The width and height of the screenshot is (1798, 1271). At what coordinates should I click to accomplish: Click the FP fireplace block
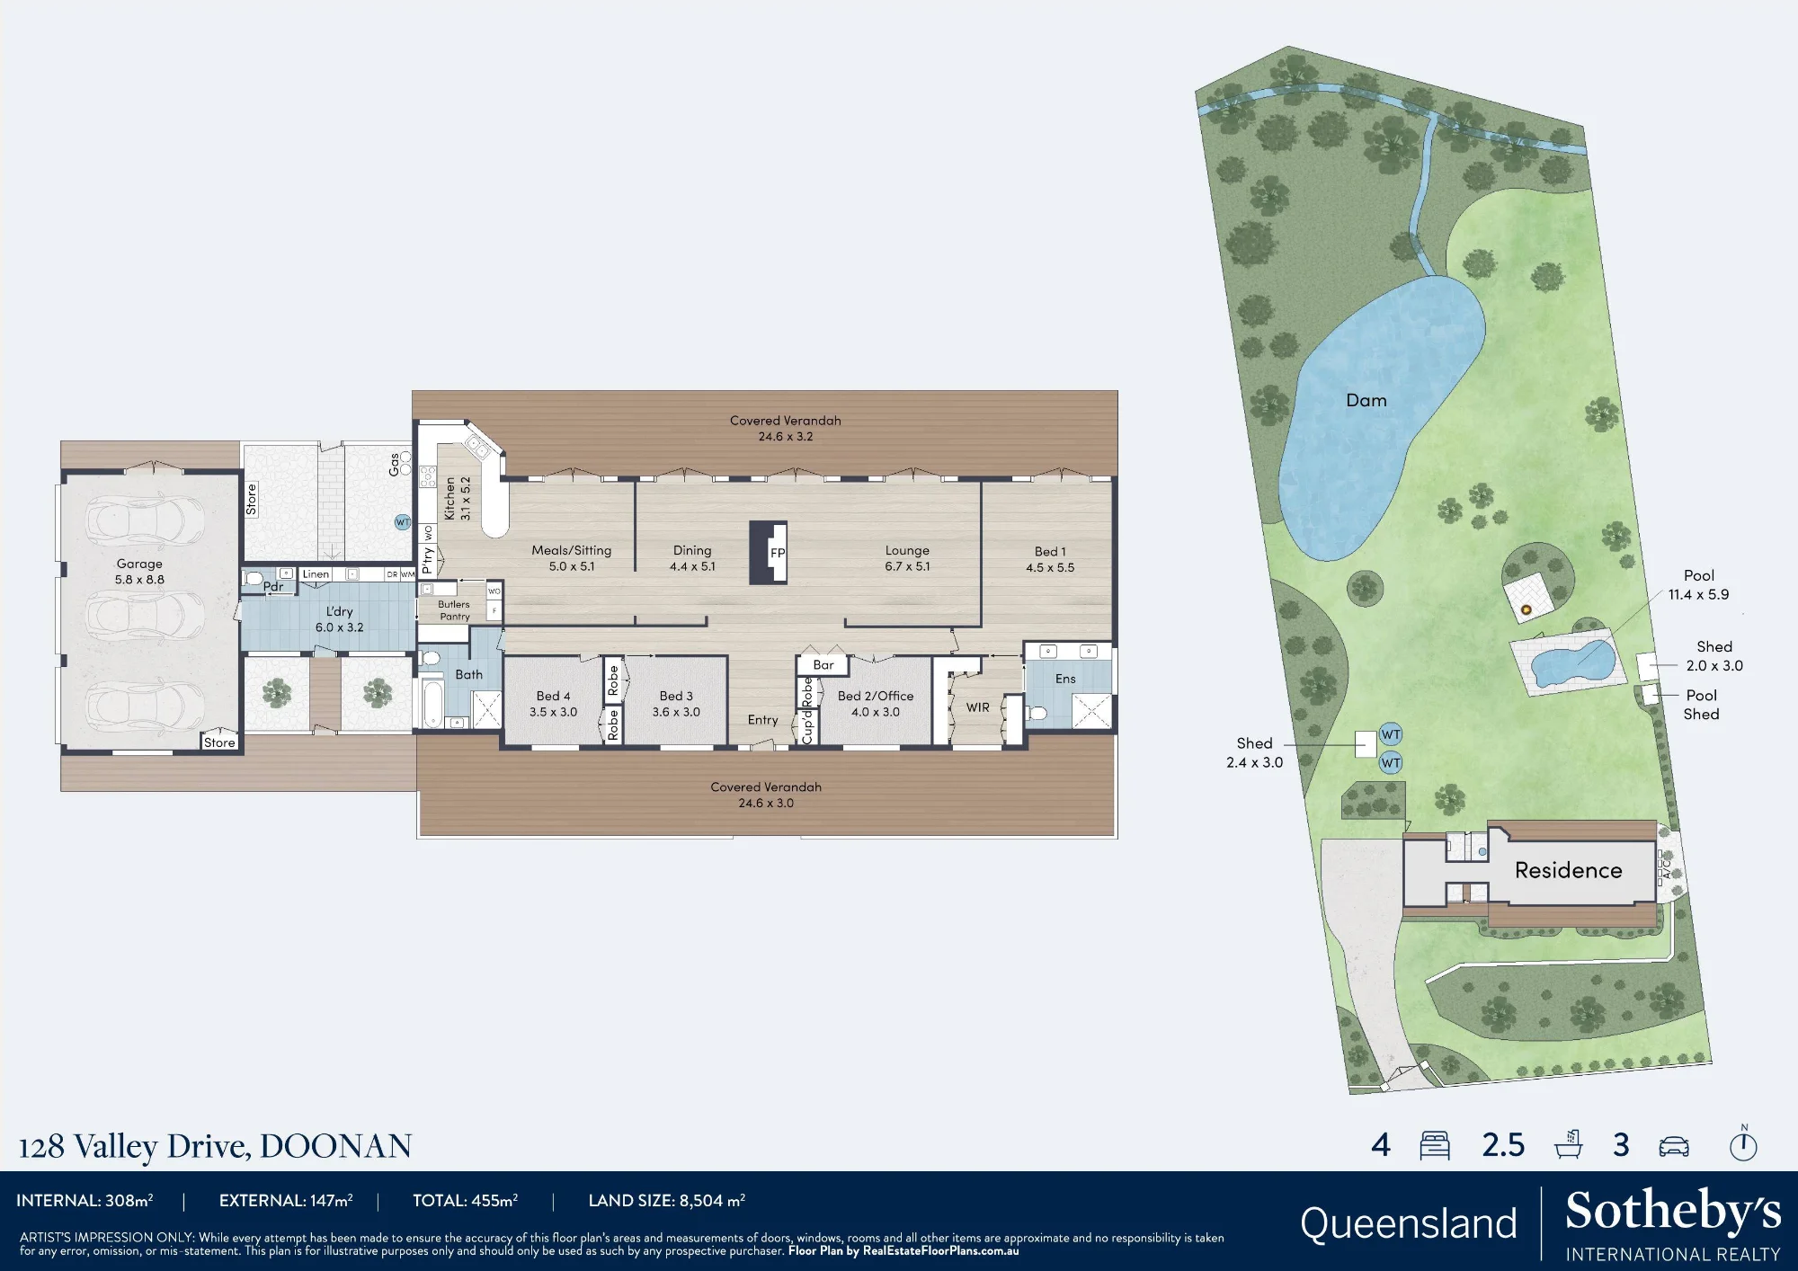coord(769,552)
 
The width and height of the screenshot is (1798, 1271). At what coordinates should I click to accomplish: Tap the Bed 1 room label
coord(1050,552)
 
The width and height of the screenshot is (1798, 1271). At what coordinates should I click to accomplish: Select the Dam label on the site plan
coord(1366,401)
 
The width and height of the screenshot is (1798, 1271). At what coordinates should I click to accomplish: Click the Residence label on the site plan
coord(1568,870)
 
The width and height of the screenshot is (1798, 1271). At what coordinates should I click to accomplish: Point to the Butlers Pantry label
coord(454,610)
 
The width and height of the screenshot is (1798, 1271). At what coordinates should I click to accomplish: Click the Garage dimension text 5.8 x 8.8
coord(139,580)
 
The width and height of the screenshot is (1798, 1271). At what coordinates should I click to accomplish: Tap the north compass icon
coord(1743,1143)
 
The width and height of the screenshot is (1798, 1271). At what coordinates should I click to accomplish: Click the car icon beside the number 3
coord(1673,1146)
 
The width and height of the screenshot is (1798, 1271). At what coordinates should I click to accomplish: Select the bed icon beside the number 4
coord(1435,1145)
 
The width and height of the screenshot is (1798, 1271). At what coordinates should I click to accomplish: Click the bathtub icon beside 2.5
coord(1568,1144)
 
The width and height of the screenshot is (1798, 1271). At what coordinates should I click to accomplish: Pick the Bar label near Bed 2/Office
coord(823,665)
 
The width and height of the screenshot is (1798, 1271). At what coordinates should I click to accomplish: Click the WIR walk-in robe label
coord(978,707)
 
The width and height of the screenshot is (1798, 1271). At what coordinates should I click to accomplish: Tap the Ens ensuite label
coord(1065,679)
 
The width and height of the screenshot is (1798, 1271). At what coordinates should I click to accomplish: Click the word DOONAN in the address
coord(335,1146)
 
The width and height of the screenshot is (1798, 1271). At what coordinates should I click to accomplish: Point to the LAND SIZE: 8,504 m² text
coord(667,1201)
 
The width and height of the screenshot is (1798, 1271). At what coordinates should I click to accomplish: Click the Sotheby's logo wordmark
coord(1673,1211)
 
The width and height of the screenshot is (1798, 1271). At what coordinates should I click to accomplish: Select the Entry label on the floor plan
coord(762,720)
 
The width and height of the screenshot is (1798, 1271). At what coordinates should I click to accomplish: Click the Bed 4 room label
coord(553,696)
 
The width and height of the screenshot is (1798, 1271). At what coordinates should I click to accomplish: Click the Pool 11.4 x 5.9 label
coord(1698,585)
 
